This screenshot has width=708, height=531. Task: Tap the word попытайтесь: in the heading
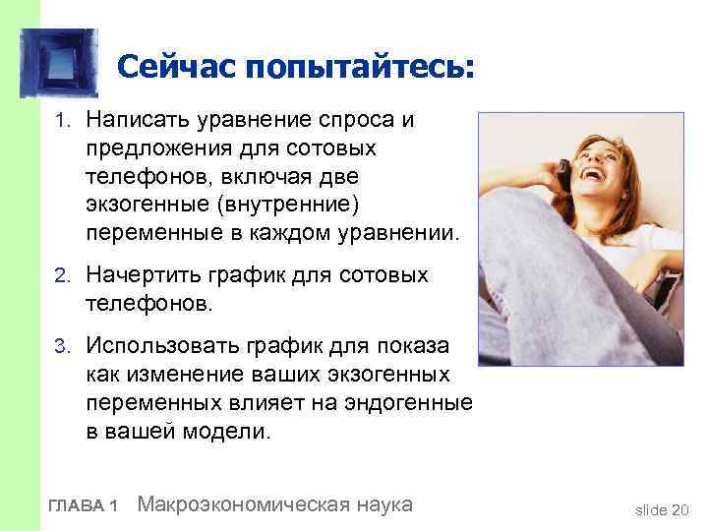point(361,68)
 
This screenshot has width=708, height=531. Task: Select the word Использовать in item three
point(157,345)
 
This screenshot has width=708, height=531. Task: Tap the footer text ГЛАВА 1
point(84,505)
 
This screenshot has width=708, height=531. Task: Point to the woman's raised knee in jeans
point(521,211)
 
